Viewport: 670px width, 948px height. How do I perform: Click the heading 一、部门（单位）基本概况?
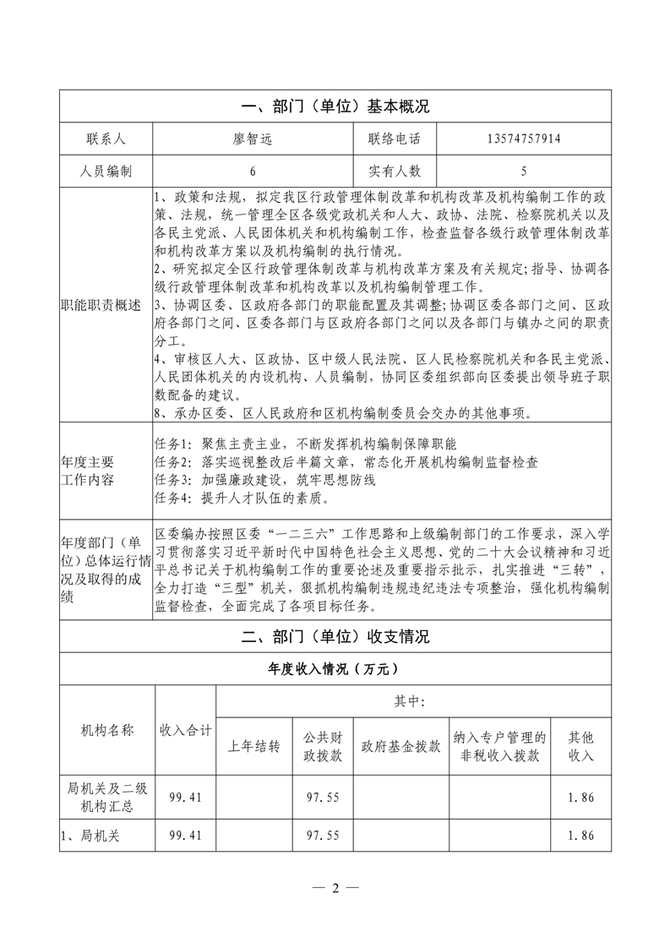coord(335,107)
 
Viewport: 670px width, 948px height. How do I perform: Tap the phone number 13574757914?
coord(524,139)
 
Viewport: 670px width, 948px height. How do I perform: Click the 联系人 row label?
coord(106,139)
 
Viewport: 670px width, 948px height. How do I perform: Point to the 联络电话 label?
coord(394,139)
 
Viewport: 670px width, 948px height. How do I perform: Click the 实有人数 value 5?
coord(524,171)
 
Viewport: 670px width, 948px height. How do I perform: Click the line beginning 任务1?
coord(306,444)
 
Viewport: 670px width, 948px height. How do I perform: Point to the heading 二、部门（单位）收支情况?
coord(335,636)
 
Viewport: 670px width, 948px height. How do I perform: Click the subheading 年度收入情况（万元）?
coord(335,668)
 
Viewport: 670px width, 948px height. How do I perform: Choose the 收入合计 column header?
coord(186,730)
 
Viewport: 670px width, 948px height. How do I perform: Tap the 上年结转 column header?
coord(254,747)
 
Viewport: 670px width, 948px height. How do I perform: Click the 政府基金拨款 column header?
coord(400,747)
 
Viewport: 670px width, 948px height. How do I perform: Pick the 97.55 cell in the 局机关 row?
coord(323,835)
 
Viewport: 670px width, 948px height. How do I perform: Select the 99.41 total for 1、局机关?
coord(186,835)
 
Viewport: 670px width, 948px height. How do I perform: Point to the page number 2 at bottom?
coord(335,888)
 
